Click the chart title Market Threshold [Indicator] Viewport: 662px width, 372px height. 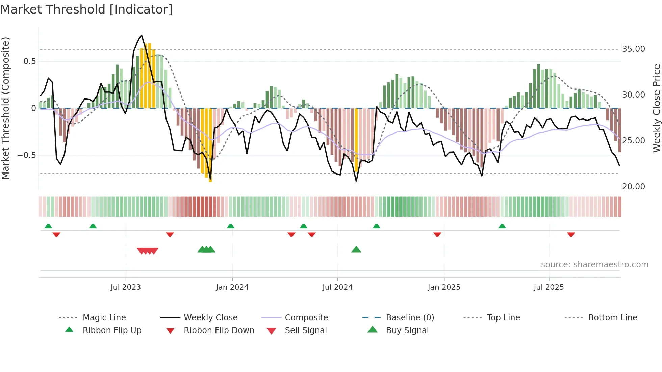pyautogui.click(x=86, y=9)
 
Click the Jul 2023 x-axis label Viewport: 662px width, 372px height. pyautogui.click(x=125, y=287)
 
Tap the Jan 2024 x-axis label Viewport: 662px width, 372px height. pyautogui.click(x=232, y=287)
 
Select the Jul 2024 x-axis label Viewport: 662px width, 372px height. pyautogui.click(x=337, y=287)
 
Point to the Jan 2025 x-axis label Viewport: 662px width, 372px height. pyautogui.click(x=444, y=287)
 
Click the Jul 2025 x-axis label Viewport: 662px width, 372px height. pyautogui.click(x=549, y=287)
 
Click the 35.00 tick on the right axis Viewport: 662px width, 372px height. pyautogui.click(x=633, y=49)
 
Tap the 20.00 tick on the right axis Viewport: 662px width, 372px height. pyautogui.click(x=633, y=187)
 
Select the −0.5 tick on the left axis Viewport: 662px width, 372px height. pyautogui.click(x=26, y=155)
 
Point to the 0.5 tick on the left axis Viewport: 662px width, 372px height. pyautogui.click(x=29, y=61)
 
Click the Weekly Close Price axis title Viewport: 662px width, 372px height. pyautogui.click(x=656, y=108)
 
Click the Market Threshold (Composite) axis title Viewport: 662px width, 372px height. pyautogui.click(x=5, y=108)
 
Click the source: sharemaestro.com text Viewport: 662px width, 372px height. pyautogui.click(x=594, y=265)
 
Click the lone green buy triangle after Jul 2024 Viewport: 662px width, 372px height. pyautogui.click(x=356, y=249)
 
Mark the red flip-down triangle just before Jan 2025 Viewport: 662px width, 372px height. pyautogui.click(x=437, y=234)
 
